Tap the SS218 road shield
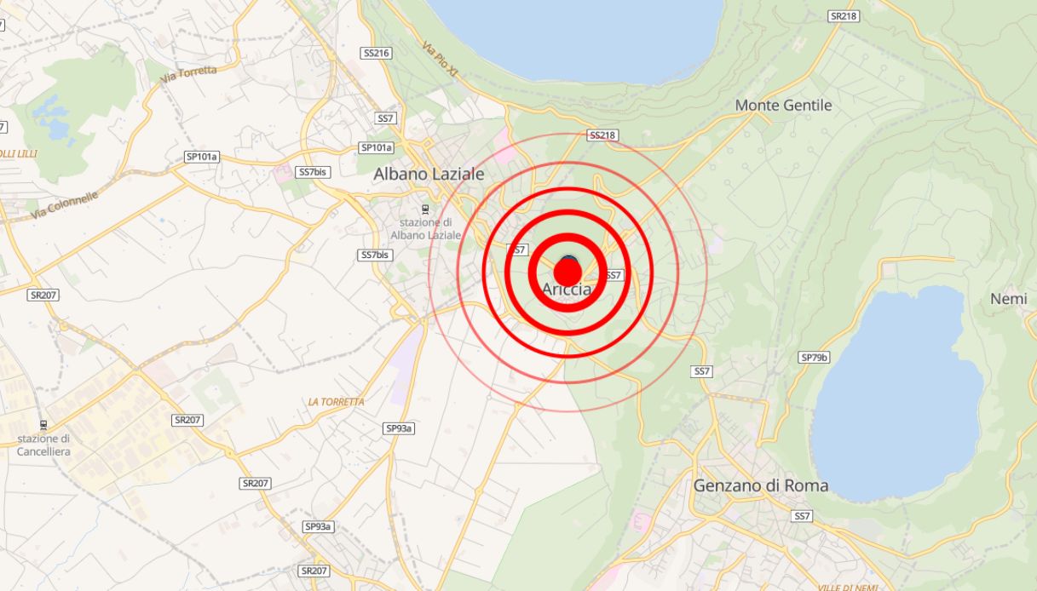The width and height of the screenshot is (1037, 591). [602, 135]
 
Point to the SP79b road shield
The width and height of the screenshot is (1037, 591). [814, 358]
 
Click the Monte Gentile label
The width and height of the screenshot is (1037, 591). [783, 106]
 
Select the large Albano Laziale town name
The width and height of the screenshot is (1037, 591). [429, 174]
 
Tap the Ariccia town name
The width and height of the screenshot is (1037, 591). [567, 290]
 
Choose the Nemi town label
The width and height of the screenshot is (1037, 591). [1008, 299]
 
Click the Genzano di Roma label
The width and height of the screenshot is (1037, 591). [760, 486]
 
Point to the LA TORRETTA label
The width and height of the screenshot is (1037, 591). [336, 401]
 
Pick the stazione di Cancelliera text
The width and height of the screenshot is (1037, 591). [43, 445]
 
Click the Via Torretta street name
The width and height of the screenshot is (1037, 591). [188, 74]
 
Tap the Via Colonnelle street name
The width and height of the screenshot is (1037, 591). [65, 205]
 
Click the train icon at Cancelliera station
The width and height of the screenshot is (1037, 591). [43, 424]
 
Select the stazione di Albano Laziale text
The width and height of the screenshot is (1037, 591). [425, 229]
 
